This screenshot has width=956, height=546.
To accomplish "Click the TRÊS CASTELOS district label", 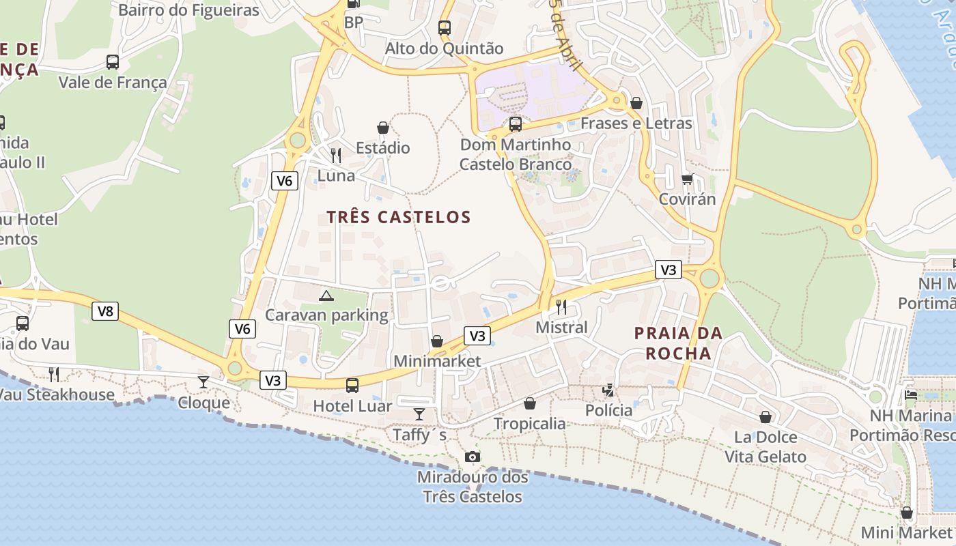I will coord(399,218).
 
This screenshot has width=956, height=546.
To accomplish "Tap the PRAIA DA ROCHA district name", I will coord(678,343).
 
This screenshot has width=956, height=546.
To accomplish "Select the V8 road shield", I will coord(104,312).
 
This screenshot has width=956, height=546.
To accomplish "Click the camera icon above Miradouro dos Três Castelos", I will coord(472,457).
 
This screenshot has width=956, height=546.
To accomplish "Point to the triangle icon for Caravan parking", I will coord(326,296).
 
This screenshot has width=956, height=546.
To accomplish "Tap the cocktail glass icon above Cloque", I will coord(203,382).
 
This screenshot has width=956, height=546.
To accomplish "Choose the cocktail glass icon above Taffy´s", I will coord(419,414).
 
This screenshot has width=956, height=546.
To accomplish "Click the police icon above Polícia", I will coord(608,390).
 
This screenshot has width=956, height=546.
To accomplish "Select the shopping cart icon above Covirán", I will coord(687,179).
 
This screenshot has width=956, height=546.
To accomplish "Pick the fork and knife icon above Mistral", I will coord(561,306).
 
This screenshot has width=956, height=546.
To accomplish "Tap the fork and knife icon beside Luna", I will coord(335,156).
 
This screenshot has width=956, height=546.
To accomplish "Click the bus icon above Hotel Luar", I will coord(352,386).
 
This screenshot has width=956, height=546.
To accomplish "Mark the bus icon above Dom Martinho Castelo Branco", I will coord(516,124).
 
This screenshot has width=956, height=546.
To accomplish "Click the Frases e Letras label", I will coord(636,124).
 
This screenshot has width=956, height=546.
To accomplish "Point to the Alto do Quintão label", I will coord(444,48).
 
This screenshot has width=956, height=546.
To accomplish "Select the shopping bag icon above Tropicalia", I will coord(530,403).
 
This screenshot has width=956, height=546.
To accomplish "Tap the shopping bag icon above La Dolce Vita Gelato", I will coord(765,417).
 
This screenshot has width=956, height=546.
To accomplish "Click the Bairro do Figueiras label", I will coord(188,10).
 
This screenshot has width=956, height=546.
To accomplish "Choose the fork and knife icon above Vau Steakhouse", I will coord(54,374).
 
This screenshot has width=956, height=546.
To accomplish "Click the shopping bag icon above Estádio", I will coord(383,128).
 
